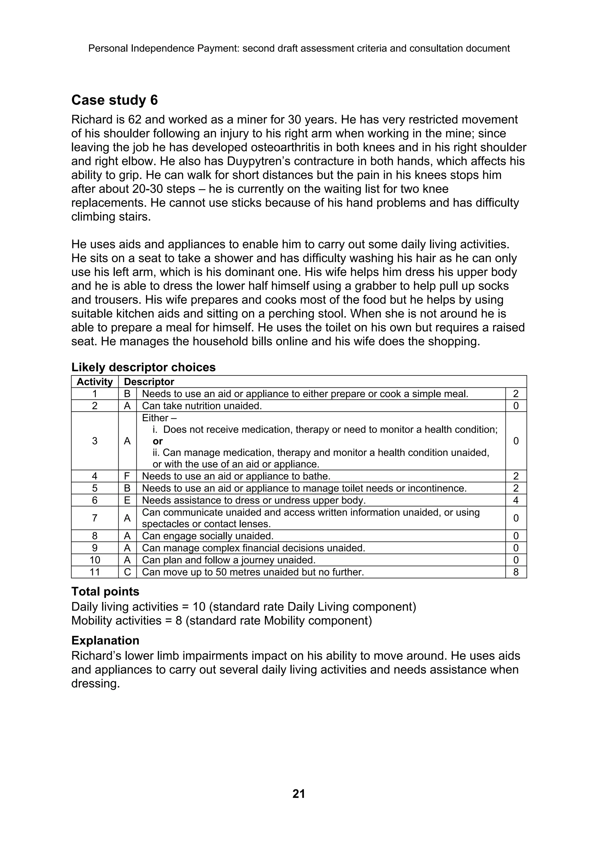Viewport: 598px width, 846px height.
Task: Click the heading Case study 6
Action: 114,100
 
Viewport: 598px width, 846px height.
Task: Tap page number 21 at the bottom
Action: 298,794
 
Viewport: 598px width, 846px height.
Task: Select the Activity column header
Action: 95,382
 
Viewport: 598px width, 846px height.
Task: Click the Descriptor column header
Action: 149,382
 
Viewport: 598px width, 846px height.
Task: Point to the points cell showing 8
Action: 515,572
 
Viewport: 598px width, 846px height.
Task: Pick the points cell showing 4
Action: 515,500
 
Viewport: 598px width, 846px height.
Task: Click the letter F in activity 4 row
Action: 127,476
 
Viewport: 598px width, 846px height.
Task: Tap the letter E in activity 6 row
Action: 127,500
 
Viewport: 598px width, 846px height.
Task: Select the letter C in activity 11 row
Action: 127,572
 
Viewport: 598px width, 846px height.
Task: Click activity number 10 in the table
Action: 95,560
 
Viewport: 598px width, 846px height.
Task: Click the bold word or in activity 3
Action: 158,441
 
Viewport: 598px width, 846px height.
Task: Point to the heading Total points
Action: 105,591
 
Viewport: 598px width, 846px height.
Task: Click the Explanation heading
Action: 105,640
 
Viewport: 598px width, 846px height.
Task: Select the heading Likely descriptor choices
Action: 143,367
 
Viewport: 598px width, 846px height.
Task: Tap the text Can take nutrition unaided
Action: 202,406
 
